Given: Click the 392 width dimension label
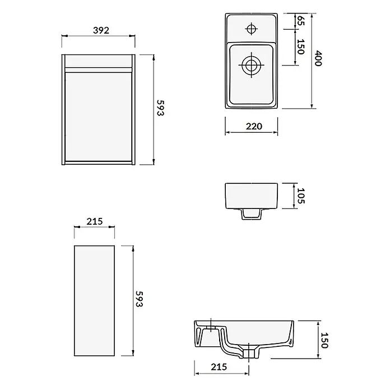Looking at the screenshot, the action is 101,30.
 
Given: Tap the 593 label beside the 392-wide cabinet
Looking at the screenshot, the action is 160,108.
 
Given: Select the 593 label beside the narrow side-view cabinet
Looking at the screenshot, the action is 140,299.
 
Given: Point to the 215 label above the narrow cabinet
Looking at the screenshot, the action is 95,221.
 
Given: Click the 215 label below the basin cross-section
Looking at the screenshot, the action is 219,366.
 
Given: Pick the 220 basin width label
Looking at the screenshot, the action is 254,126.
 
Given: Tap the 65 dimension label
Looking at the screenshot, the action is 301,21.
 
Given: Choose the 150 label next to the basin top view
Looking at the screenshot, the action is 301,47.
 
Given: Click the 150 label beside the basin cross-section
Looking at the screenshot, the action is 324,340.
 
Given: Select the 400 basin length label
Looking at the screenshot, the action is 318,58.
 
